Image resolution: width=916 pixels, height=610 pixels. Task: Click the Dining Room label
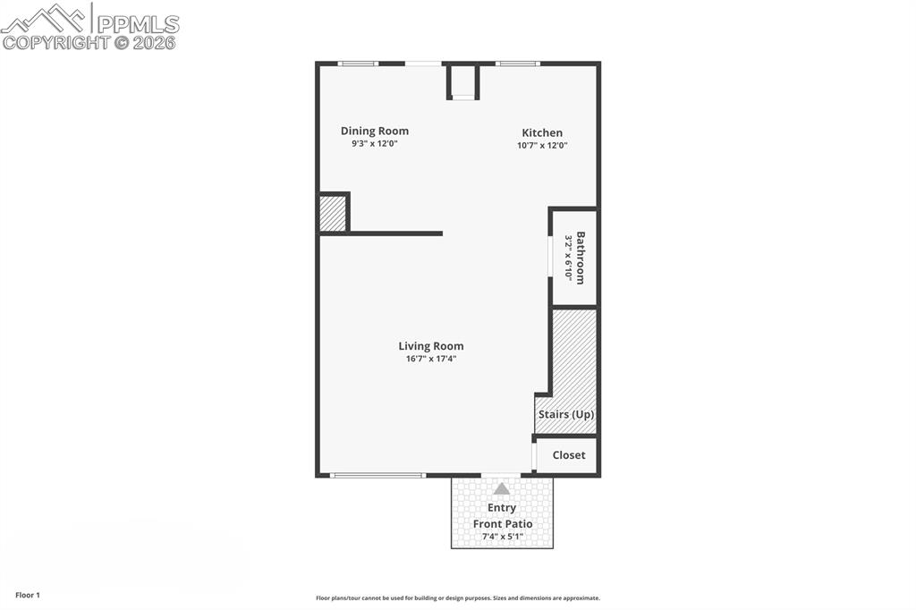[x=374, y=131]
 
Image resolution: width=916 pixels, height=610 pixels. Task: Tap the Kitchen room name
[x=542, y=132]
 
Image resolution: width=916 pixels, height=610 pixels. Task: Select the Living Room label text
[x=431, y=346]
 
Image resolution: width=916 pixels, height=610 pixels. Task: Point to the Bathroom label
[x=581, y=258]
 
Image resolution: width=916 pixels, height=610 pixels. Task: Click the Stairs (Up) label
[x=565, y=415]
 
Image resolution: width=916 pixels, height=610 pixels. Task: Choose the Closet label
[x=569, y=455]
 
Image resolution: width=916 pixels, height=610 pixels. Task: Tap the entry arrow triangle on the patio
[x=502, y=489]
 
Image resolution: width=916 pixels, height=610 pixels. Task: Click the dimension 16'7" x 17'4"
[x=431, y=360]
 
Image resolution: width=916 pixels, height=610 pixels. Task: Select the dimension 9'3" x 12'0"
[x=374, y=143]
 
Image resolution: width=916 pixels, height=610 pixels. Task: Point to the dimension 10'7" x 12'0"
[x=542, y=145]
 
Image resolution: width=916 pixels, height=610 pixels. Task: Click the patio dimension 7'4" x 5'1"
[x=502, y=537]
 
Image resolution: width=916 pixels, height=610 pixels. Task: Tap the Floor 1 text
[x=28, y=595]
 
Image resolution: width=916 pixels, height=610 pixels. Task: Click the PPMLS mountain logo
[x=45, y=17]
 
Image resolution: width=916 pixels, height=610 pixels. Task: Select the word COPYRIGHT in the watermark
[x=55, y=42]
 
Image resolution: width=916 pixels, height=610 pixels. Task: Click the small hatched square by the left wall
[x=332, y=214]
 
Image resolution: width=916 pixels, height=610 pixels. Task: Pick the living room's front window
[x=377, y=475]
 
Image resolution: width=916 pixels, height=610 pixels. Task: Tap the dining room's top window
[x=358, y=64]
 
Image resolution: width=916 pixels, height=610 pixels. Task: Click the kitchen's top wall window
[x=518, y=64]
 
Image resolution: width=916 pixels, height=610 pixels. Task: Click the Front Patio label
[x=503, y=524]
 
